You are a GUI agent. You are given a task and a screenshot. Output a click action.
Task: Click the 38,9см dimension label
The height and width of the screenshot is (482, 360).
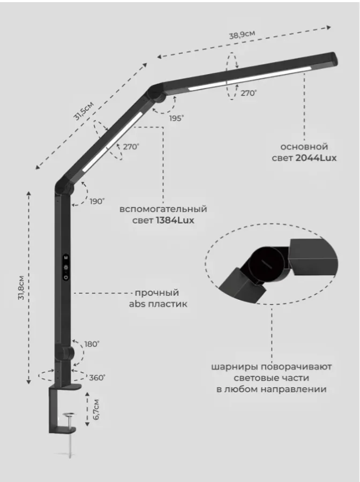pos(242,34)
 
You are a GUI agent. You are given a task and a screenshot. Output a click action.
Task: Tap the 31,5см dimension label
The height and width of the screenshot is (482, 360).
pos(84,111)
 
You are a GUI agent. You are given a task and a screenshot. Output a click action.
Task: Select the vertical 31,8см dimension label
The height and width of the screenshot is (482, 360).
pos(21,288)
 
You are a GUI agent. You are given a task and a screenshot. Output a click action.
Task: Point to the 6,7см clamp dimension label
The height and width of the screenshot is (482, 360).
pos(96,410)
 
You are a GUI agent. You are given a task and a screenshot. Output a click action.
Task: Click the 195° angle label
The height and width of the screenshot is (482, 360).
pos(176,118)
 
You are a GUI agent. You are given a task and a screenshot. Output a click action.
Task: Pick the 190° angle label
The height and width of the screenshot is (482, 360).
pos(97,201)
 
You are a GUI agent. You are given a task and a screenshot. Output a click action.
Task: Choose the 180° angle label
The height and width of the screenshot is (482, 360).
pos(92,344)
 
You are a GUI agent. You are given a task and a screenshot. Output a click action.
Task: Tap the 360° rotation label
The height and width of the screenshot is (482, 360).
pos(97,378)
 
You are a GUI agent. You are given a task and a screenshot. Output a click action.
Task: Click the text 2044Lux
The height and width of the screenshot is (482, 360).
pos(316,158)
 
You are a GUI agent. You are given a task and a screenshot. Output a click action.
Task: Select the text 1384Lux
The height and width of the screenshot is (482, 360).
pos(175,221)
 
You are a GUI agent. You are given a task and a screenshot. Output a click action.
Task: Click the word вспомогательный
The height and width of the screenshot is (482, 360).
pos(163,209)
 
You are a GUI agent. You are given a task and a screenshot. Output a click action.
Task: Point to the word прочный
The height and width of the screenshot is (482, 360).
pos(157,292)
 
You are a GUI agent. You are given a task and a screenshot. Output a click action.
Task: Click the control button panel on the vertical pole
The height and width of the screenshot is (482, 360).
pos(66,267)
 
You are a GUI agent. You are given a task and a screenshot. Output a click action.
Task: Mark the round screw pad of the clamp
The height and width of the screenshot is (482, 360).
pos(70,415)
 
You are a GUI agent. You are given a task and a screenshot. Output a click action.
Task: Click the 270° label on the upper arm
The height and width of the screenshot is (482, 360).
pos(249,93)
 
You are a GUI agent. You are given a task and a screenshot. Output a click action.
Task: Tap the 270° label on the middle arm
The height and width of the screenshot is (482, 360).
pos(131,147)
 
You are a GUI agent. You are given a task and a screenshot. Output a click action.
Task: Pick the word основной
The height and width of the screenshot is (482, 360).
pos(304,147)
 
